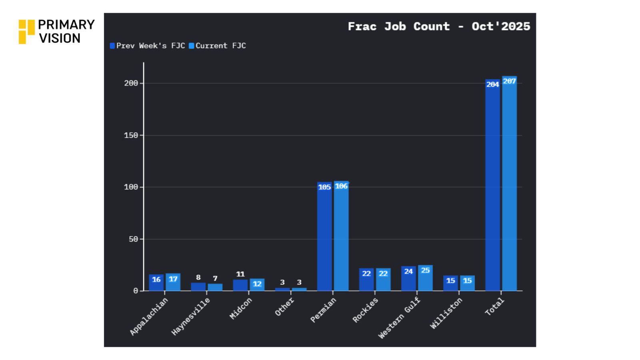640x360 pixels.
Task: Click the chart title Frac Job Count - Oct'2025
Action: tap(439, 26)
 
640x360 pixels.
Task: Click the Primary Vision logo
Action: tap(56, 31)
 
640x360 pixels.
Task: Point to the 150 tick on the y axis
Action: tap(131, 135)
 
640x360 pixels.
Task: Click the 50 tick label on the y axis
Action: tap(133, 239)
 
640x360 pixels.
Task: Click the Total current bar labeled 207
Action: tap(509, 184)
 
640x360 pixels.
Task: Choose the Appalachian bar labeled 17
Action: tap(173, 282)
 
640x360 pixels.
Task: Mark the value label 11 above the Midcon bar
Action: tap(240, 274)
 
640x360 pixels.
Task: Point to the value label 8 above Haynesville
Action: tap(198, 277)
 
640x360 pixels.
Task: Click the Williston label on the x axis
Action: tap(446, 313)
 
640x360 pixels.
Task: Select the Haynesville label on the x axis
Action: tap(190, 316)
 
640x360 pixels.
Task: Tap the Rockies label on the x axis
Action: tap(365, 310)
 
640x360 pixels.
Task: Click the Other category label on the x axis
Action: tap(284, 307)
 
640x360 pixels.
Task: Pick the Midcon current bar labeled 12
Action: tap(257, 284)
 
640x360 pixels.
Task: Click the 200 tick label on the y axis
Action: tap(131, 83)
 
